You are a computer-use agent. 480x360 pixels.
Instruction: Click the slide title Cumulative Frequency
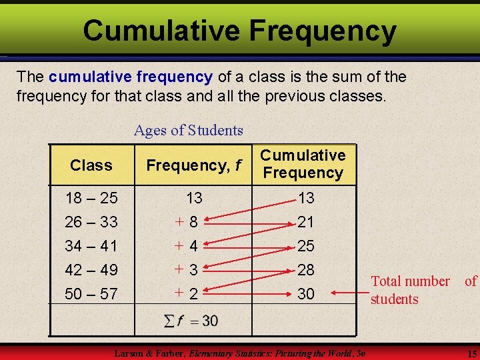(239, 31)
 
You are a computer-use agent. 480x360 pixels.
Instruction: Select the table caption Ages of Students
(189, 130)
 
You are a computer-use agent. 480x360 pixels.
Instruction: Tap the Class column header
(91, 165)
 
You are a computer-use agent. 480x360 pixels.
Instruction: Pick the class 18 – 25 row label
(91, 198)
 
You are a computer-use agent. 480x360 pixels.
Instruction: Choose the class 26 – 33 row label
(91, 221)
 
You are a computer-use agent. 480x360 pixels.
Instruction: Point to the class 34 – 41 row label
(91, 246)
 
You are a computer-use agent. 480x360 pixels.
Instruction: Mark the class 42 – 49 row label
(91, 270)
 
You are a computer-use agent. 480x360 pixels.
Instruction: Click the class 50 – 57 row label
(91, 293)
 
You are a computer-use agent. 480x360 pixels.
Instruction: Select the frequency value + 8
(186, 222)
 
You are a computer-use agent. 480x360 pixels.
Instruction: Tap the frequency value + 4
(186, 246)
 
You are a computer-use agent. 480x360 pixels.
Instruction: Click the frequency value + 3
(186, 270)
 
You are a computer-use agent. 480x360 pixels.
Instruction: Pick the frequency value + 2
(186, 293)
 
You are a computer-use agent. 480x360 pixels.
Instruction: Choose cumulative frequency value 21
(306, 222)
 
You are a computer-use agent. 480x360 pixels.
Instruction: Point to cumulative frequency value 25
(306, 246)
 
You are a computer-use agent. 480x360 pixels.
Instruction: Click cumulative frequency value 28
(306, 270)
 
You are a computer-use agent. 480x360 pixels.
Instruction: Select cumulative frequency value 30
(306, 293)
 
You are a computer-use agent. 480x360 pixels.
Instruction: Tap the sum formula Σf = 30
(192, 321)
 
